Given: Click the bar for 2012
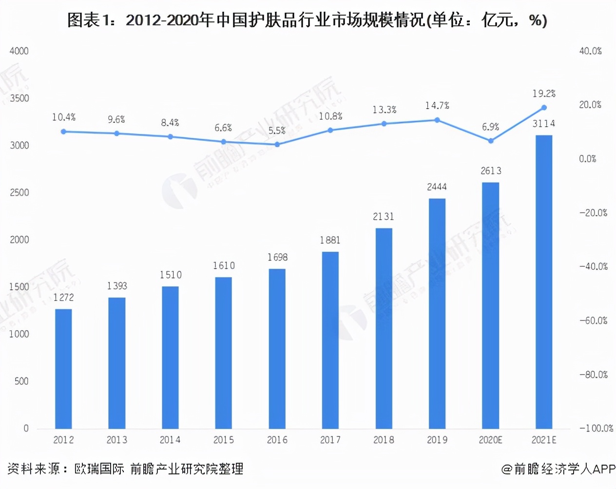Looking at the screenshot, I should click(x=63, y=369).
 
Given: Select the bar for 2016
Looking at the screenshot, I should click(x=277, y=349).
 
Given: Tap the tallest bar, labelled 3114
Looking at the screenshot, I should click(x=544, y=282).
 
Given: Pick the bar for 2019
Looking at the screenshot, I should click(x=437, y=314).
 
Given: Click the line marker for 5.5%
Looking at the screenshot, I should click(x=277, y=144).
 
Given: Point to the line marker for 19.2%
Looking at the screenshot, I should click(x=544, y=108).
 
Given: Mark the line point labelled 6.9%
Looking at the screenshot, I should click(x=491, y=141).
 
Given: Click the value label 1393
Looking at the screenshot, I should click(x=117, y=286).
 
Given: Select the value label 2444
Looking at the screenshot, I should click(x=437, y=187).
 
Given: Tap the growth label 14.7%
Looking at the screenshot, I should click(x=437, y=106).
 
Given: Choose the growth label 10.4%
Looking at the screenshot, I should click(x=64, y=117).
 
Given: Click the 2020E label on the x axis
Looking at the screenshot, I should click(x=490, y=440).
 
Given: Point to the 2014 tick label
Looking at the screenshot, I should click(x=170, y=440).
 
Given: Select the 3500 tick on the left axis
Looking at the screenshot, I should click(x=19, y=98).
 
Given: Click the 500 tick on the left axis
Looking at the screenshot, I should click(x=21, y=381).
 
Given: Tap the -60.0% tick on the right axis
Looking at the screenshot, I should click(x=593, y=320).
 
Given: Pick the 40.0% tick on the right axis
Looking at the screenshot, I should click(x=590, y=51).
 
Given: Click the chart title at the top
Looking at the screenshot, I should click(x=308, y=20).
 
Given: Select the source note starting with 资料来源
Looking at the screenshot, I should click(x=125, y=469).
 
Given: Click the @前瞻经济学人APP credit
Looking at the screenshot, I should click(x=558, y=469).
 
